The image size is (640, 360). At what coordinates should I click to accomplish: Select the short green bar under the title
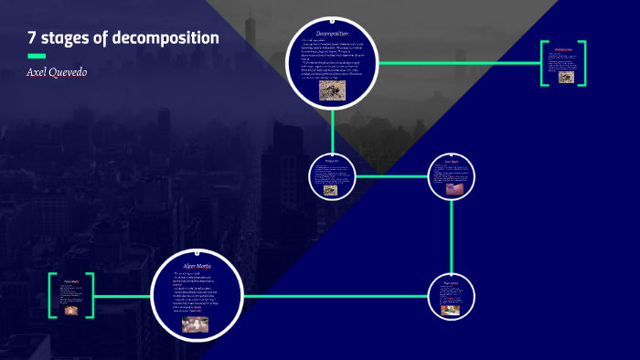coord(37,56)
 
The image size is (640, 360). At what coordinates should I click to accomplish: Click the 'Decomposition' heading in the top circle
coord(333,35)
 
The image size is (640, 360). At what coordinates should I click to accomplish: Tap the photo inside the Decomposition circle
coord(330,90)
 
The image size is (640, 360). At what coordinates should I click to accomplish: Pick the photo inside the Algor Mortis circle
coord(195,323)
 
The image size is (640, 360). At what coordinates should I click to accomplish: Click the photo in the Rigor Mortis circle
coord(451,309)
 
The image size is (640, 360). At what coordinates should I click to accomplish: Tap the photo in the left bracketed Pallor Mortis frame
coord(71,310)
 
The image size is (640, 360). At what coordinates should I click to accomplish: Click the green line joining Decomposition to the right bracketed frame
coord(457,63)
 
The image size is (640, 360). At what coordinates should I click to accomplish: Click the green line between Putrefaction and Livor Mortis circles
coord(390,176)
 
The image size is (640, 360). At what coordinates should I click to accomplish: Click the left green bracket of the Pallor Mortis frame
coord(51,295)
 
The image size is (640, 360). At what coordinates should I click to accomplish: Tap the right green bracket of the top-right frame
coord(582,62)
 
